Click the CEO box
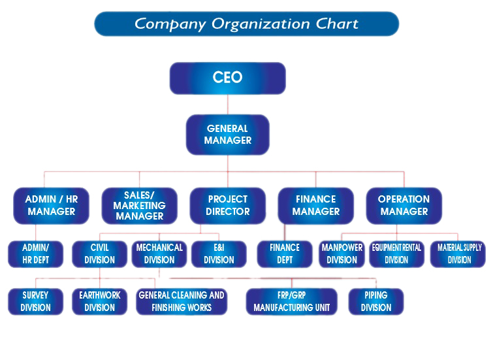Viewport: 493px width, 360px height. [x=227, y=78]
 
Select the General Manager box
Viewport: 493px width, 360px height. [x=227, y=135]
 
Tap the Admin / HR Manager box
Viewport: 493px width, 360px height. [x=51, y=205]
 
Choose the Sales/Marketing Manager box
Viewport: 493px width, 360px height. [x=139, y=205]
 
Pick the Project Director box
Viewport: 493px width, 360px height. [x=227, y=205]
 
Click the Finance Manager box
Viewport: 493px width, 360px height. [x=316, y=205]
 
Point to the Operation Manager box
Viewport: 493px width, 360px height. [x=404, y=205]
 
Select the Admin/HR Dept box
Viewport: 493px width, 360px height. [x=35, y=254]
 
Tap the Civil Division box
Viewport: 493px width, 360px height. [x=99, y=254]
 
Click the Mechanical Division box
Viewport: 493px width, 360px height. [x=159, y=254]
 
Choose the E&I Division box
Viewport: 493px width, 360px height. [x=219, y=254]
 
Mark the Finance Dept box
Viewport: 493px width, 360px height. [x=285, y=254]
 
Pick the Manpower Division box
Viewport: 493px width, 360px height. [x=342, y=254]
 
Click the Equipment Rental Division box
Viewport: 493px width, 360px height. [x=396, y=254]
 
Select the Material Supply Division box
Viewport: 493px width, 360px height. [x=458, y=254]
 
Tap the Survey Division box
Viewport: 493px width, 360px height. [x=35, y=301]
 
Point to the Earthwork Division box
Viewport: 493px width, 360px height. [x=99, y=301]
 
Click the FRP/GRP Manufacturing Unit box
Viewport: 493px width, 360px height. [x=291, y=301]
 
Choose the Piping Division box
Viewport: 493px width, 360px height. [x=376, y=301]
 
